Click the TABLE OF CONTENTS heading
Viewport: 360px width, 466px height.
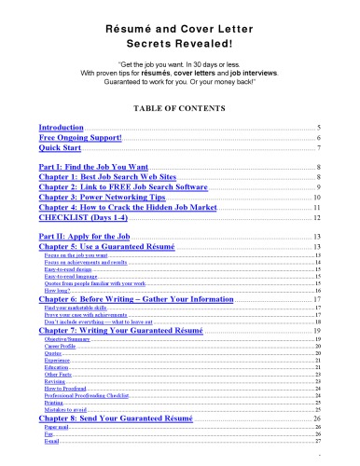pos(180,108)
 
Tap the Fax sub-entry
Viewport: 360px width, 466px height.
pos(48,438)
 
